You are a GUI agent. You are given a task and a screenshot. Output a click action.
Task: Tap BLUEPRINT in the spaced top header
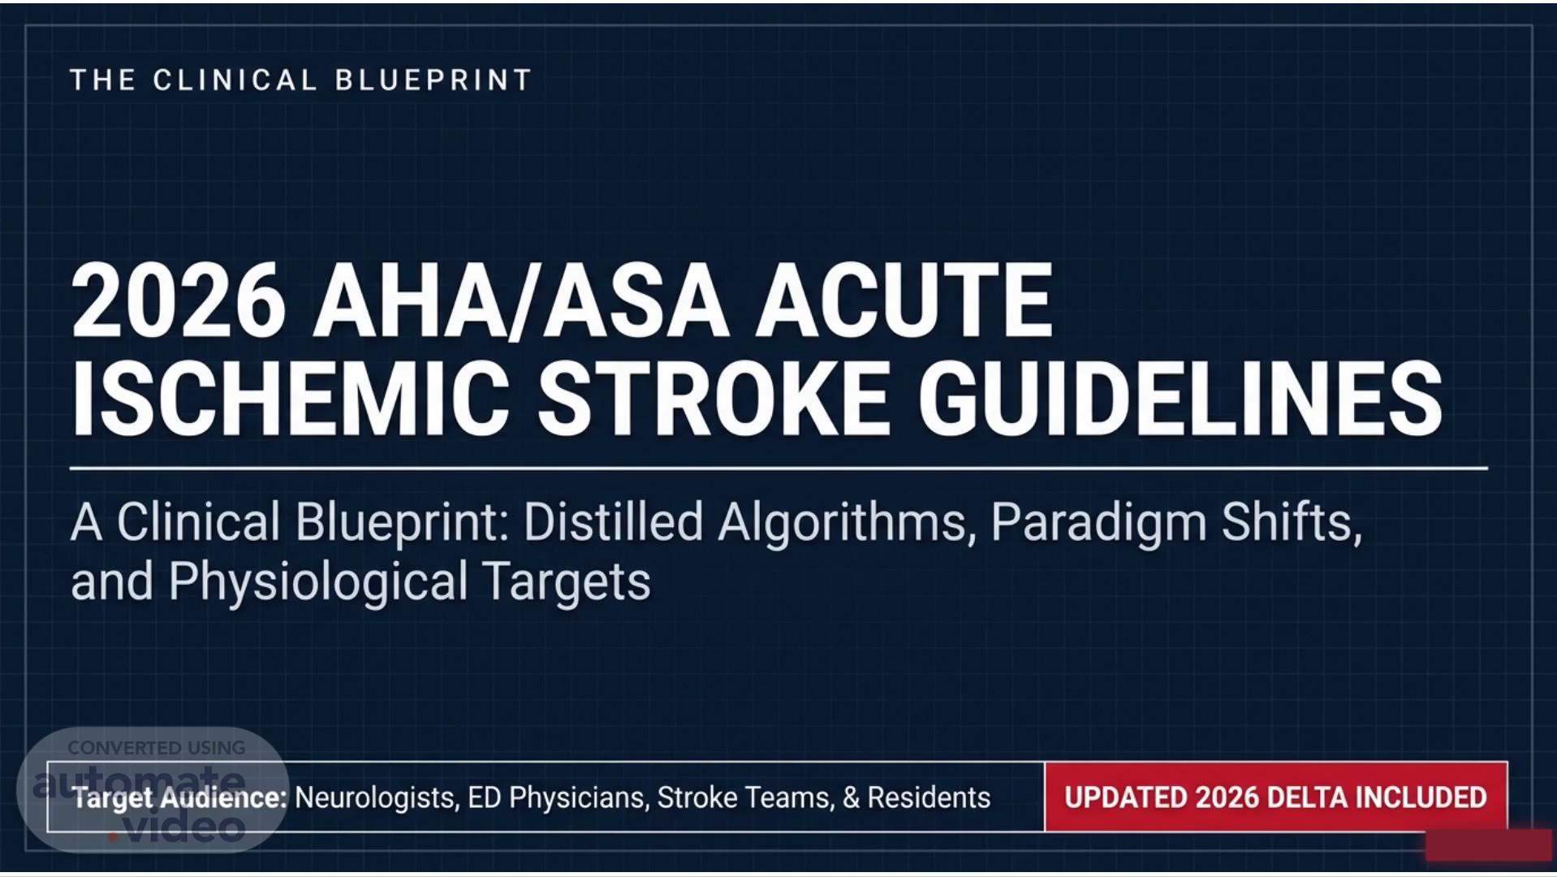pyautogui.click(x=433, y=80)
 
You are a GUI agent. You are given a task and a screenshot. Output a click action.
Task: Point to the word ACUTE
pyautogui.click(x=904, y=301)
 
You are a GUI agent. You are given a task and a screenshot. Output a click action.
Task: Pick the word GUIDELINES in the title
pyautogui.click(x=1180, y=398)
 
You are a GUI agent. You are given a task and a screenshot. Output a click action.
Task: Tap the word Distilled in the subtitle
pyautogui.click(x=613, y=521)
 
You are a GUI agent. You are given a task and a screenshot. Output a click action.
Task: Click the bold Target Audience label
pyautogui.click(x=180, y=797)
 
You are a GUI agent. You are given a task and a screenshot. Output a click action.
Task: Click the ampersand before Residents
pyautogui.click(x=851, y=797)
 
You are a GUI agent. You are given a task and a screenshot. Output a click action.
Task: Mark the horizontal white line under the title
pyautogui.click(x=779, y=469)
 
